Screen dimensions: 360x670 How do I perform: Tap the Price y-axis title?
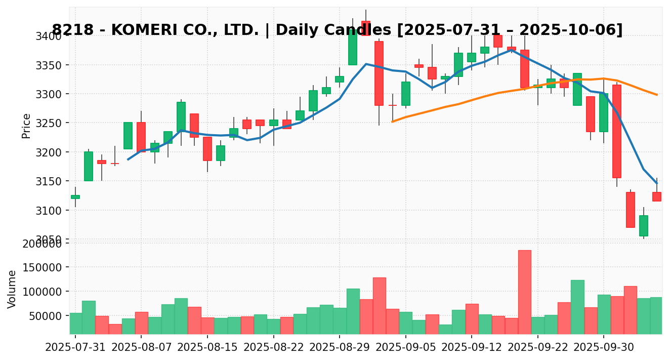[x=26, y=126]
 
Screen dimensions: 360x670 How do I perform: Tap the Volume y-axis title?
[x=12, y=289]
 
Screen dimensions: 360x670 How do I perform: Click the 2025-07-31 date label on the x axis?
[x=75, y=348]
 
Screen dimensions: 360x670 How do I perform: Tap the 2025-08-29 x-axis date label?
[x=339, y=348]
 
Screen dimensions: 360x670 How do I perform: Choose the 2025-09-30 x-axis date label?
[x=603, y=348]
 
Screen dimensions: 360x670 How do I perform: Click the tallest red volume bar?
[x=524, y=292]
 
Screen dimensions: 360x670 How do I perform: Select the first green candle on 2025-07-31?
[x=75, y=196]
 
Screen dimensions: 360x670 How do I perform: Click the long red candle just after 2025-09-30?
[x=616, y=131]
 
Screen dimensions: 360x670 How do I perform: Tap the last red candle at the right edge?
[x=656, y=196]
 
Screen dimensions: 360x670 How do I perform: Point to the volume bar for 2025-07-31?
[x=75, y=323]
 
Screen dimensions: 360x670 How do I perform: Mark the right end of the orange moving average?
[x=656, y=95]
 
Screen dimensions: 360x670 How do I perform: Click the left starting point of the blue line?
[x=128, y=159]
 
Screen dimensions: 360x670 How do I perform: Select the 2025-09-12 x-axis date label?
[x=471, y=348]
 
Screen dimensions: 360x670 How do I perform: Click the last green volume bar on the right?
[x=656, y=315]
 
